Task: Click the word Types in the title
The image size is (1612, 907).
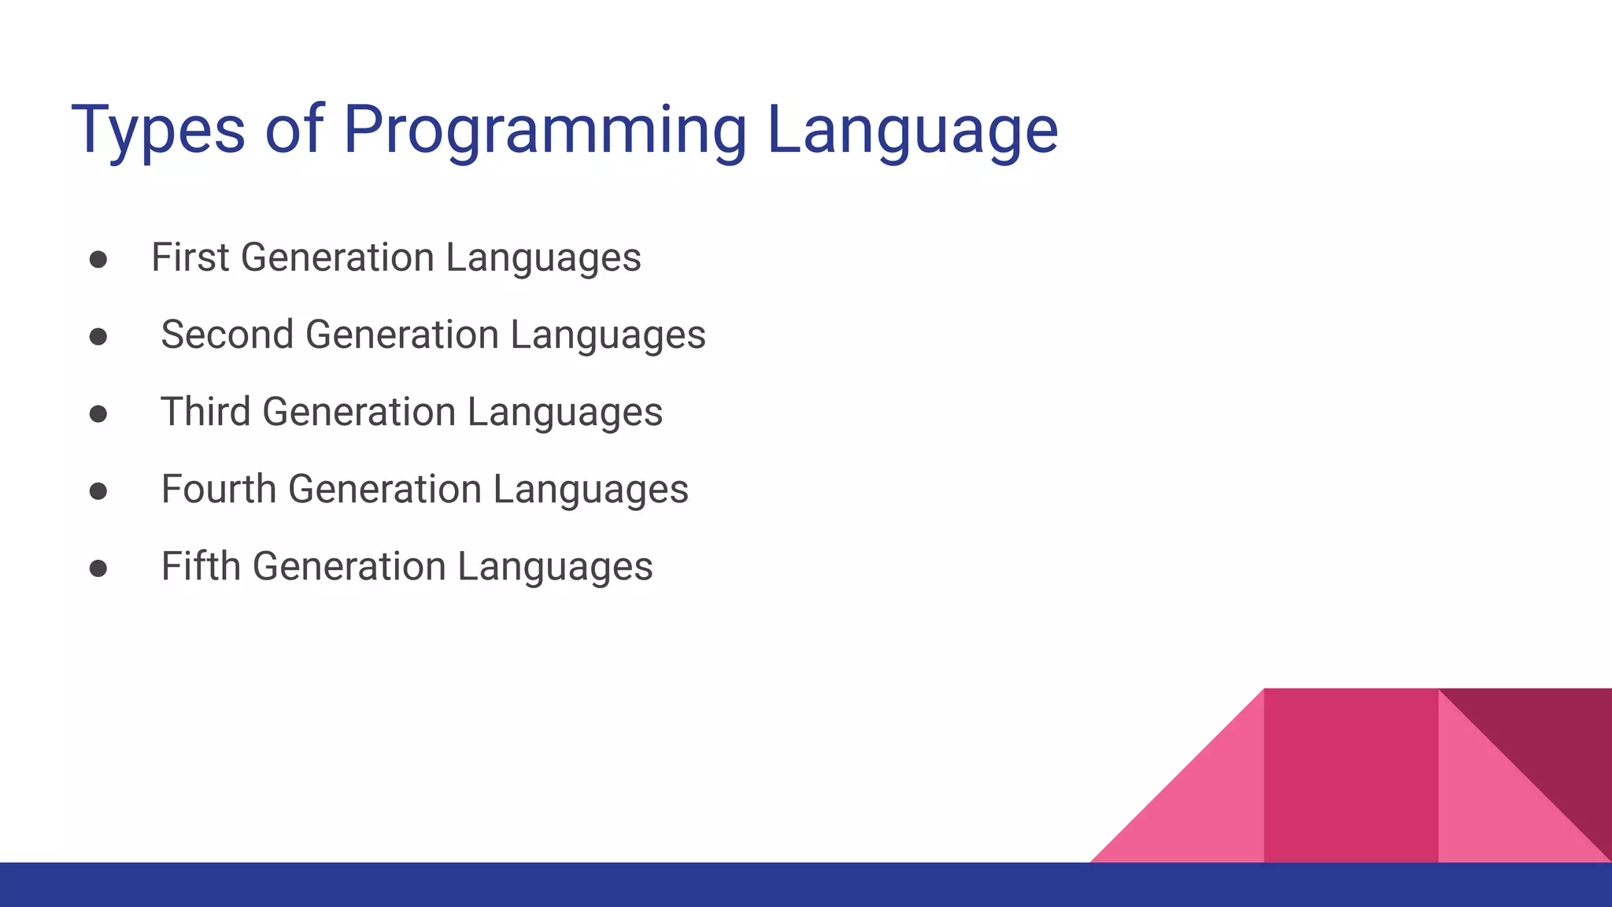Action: (157, 130)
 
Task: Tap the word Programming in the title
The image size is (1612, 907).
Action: (545, 130)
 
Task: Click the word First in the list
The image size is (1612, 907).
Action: (190, 257)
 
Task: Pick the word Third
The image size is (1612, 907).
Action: (205, 412)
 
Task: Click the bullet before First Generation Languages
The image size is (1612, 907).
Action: (98, 260)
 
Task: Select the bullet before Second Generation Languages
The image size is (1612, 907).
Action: (98, 337)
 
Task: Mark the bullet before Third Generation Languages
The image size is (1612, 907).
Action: (98, 414)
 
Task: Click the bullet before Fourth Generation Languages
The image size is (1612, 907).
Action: (98, 491)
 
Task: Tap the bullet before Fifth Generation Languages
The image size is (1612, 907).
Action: (98, 568)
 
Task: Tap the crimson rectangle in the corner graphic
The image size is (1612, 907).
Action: (1351, 776)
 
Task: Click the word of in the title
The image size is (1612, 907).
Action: (294, 130)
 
